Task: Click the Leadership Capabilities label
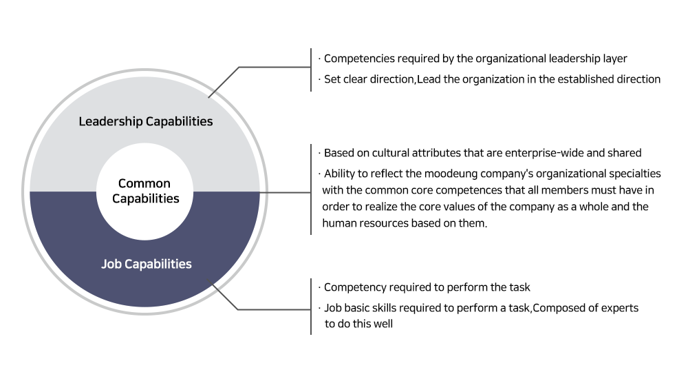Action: coord(146,121)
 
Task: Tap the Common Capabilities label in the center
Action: coord(145,191)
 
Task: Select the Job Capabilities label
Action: coord(146,264)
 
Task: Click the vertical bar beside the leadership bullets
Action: coord(311,70)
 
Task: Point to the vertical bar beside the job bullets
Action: coord(311,307)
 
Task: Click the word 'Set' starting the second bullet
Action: coord(332,79)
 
